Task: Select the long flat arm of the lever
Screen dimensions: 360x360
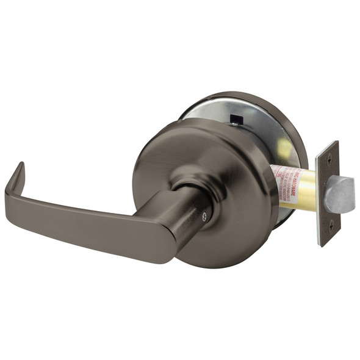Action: pyautogui.click(x=85, y=220)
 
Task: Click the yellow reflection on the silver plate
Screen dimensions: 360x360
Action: pyautogui.click(x=283, y=149)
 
